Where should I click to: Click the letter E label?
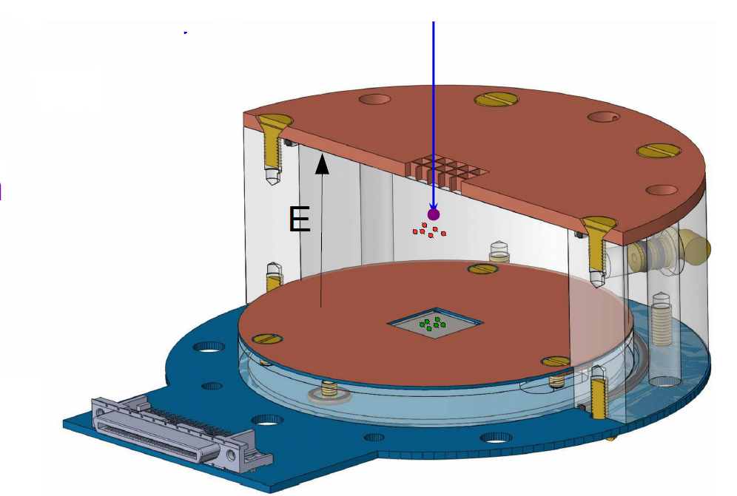[x=300, y=220]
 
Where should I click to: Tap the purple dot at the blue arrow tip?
[x=434, y=214]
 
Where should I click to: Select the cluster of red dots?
[x=429, y=231]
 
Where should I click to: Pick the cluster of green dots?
[x=432, y=323]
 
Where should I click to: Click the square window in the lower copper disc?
[x=435, y=324]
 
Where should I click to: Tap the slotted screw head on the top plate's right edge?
[x=659, y=151]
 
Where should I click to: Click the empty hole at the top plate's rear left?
[x=374, y=99]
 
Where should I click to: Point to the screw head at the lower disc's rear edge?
[x=482, y=268]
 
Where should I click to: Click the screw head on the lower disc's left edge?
[x=267, y=339]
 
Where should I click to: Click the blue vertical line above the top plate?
[x=433, y=89]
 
